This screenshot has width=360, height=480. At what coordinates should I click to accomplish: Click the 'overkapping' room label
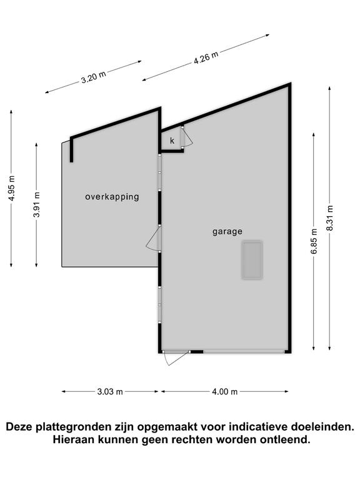[112, 197]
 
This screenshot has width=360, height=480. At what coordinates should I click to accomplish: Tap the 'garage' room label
[227, 232]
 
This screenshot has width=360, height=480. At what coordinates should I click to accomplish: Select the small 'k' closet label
[172, 141]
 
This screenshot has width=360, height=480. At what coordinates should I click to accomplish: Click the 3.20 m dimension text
[93, 76]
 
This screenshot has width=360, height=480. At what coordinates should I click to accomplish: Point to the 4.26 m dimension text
[206, 57]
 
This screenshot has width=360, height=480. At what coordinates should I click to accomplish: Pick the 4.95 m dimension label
[12, 188]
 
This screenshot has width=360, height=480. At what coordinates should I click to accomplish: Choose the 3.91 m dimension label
[36, 204]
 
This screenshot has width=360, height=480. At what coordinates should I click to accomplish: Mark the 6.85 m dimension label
[314, 241]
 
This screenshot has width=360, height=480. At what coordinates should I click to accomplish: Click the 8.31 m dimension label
[330, 218]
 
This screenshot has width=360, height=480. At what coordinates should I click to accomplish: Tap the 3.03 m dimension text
[110, 391]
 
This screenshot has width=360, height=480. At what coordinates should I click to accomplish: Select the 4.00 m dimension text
[225, 391]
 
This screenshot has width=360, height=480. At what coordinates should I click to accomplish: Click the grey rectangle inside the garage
[252, 260]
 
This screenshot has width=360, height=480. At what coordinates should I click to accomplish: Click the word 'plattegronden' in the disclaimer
[73, 426]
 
